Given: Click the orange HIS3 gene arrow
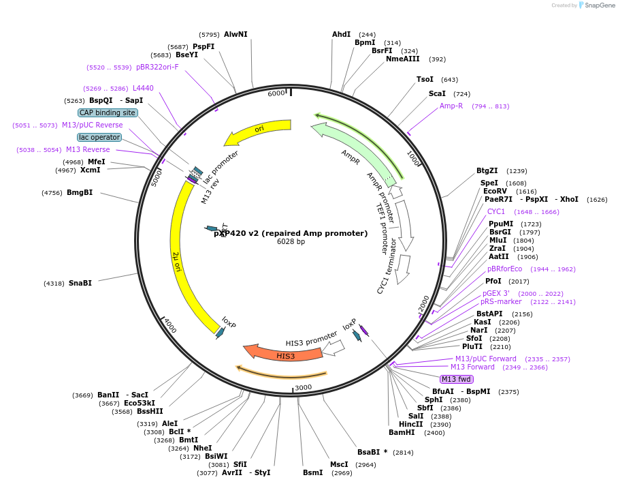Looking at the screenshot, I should coord(284,354).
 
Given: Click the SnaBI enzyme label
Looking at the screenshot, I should coord(80,283).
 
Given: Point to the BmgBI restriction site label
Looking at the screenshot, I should coord(80,193).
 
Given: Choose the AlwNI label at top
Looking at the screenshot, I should coord(235,34).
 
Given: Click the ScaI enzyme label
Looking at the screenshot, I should coord(437,93).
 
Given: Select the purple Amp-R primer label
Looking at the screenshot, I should coord(451,106).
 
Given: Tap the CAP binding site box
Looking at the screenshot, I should coord(108,112).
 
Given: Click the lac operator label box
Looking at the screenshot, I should coord(99,137).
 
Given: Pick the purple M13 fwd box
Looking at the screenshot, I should coord(456,379).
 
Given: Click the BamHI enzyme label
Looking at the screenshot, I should coord(402,432).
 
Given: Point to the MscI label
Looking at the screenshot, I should coord(339,464).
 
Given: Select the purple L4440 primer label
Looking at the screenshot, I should coord(143,88).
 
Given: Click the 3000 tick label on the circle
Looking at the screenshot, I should coord(303,387).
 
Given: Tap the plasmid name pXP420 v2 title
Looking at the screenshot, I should coord(291,233).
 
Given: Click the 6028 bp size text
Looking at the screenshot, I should coord(291,242).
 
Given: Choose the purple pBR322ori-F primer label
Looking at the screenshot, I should coord(157,67).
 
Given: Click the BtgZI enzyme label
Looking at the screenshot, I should coord(487,170).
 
